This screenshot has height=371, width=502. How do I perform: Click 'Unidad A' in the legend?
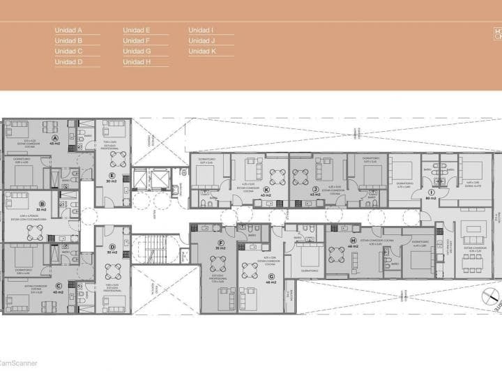tap(68, 31)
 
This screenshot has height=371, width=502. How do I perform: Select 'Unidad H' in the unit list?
tap(137, 62)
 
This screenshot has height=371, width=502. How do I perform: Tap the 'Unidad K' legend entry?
tap(202, 52)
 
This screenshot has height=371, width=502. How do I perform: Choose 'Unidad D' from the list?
tap(68, 62)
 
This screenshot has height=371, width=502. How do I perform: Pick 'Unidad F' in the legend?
tap(137, 41)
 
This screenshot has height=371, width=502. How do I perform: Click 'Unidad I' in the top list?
tap(201, 31)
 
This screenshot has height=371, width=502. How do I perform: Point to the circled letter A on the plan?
tap(54, 138)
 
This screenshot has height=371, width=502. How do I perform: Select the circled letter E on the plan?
tap(112, 175)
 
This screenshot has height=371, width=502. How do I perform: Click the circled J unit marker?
tap(316, 189)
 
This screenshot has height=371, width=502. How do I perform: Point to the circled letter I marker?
tap(432, 192)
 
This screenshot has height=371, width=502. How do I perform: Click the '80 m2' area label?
tap(432, 199)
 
